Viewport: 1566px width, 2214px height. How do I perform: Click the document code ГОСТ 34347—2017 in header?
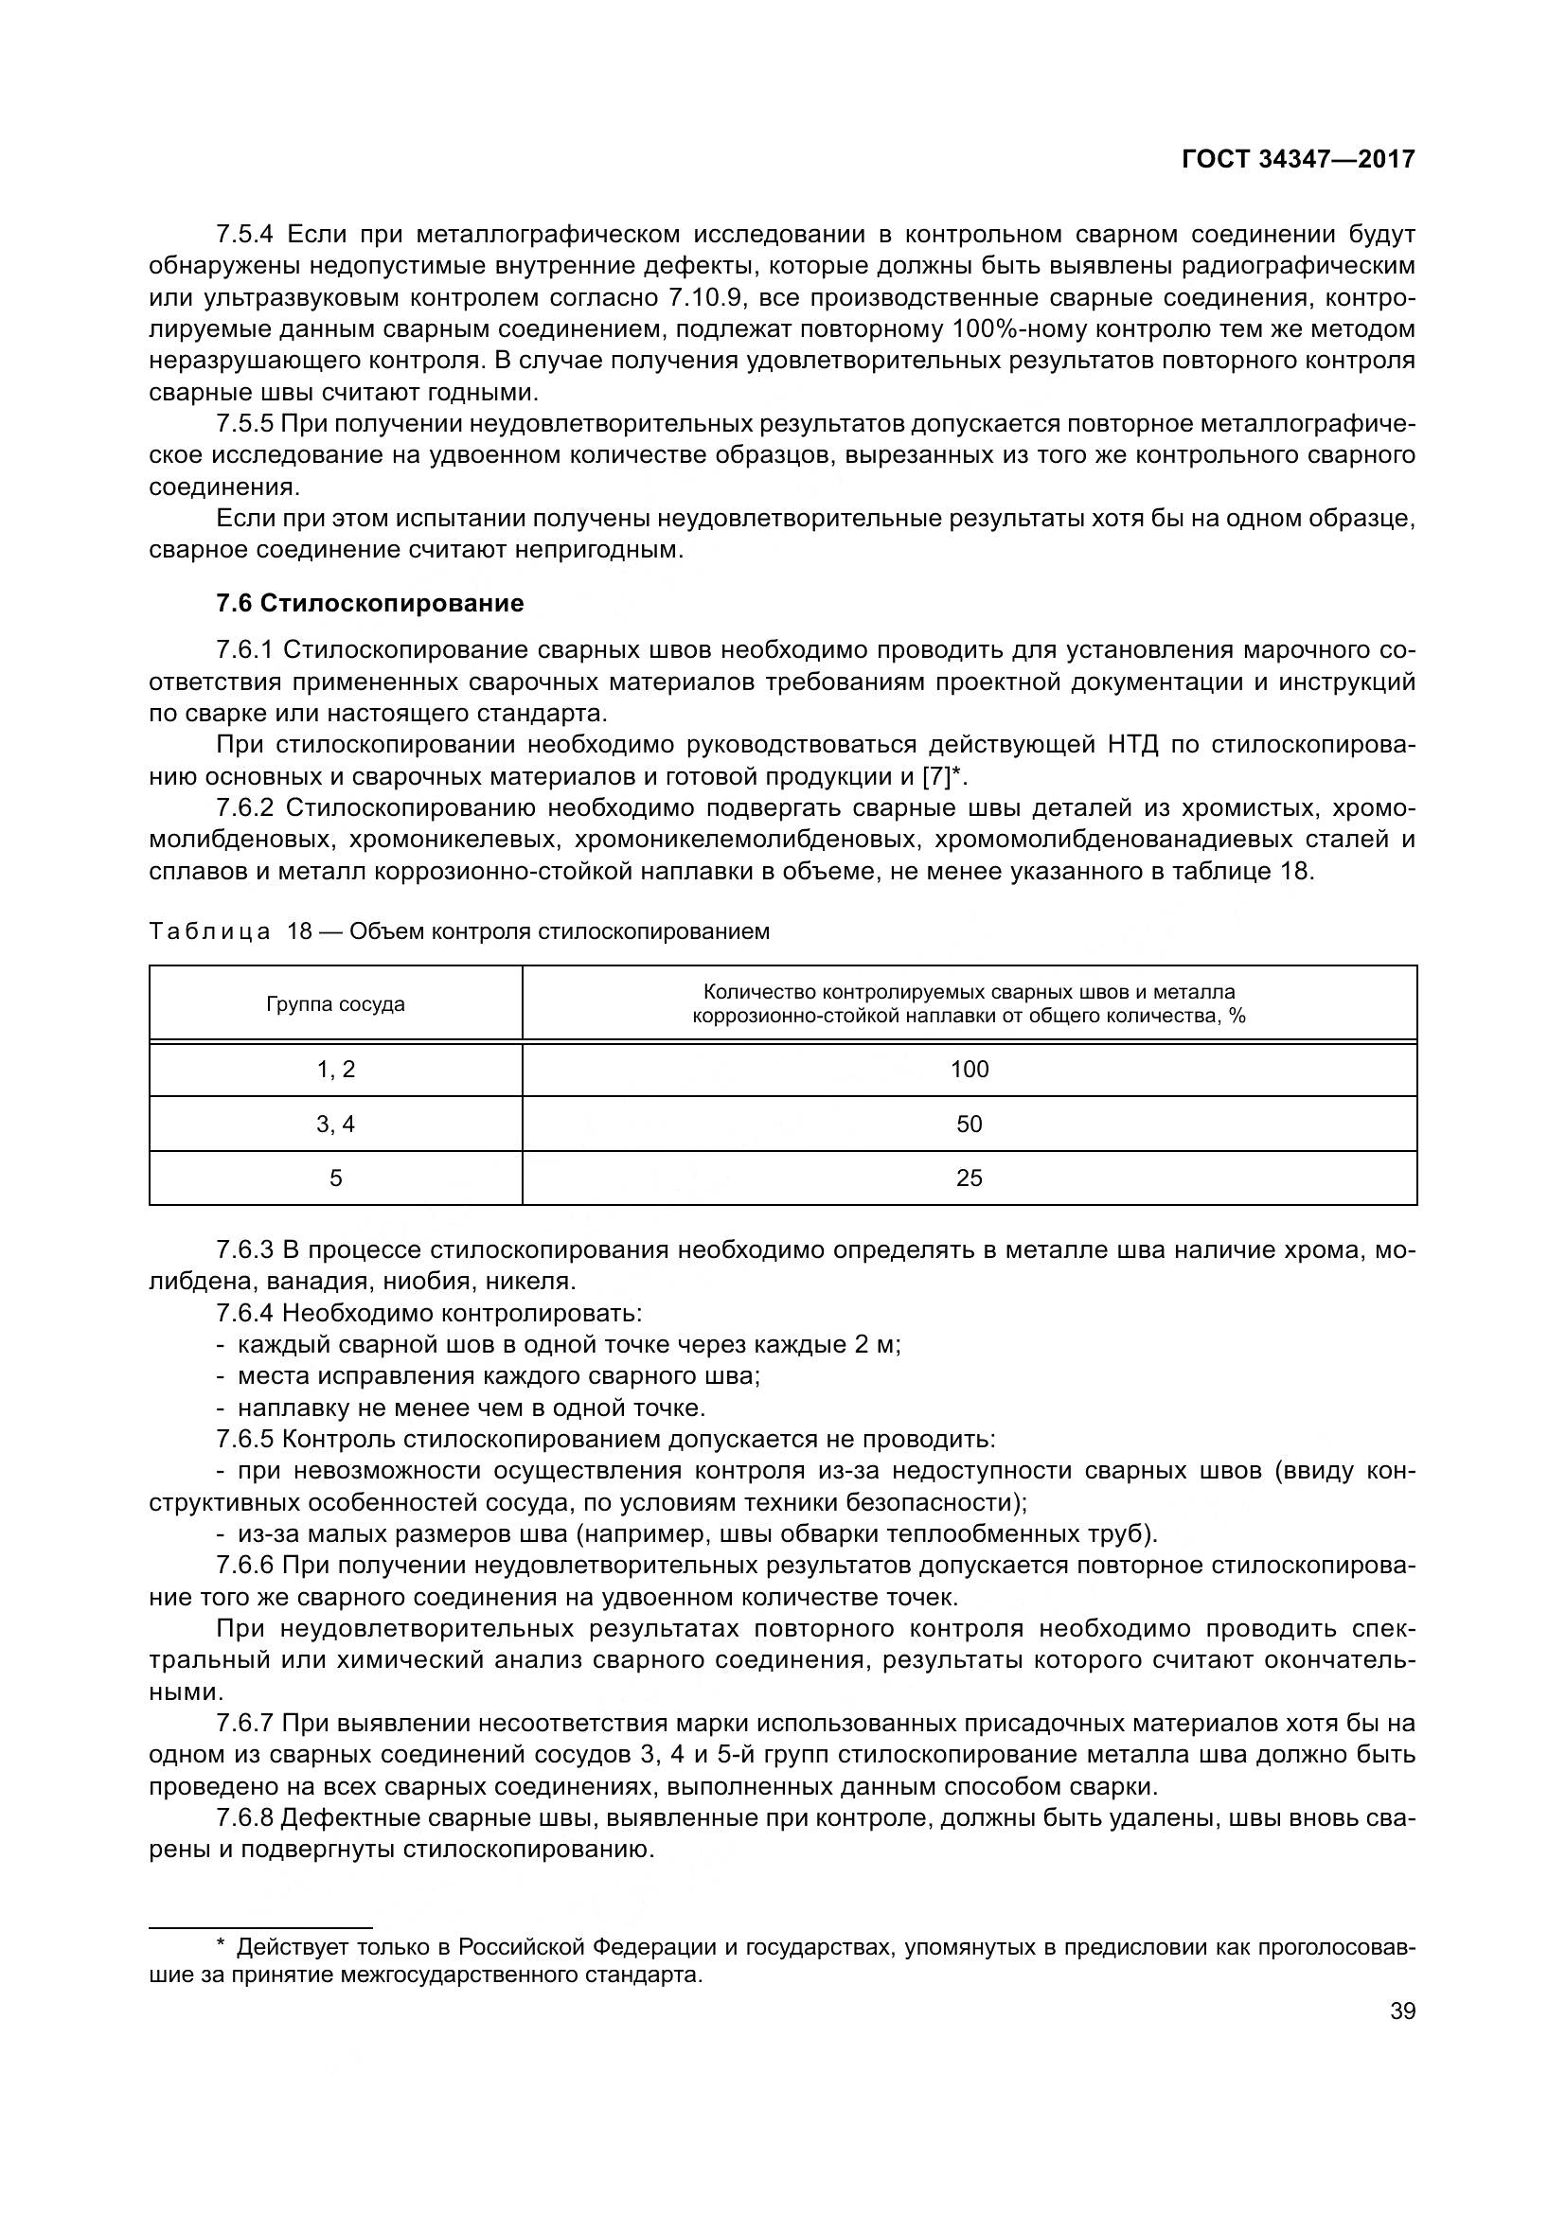(x=1298, y=159)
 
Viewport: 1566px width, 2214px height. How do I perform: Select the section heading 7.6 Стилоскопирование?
(x=370, y=604)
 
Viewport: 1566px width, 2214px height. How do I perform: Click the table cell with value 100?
(x=970, y=1069)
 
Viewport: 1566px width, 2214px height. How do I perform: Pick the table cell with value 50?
(x=970, y=1124)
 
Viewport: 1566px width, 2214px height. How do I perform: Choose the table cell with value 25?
(x=970, y=1178)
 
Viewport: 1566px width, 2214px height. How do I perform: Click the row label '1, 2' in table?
(x=335, y=1069)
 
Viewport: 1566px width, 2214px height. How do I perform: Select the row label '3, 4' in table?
(x=335, y=1124)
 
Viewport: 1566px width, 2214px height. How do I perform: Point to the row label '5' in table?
(x=335, y=1178)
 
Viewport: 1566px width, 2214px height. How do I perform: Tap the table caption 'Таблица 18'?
(x=231, y=931)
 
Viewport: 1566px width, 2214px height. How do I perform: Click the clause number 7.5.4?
(x=245, y=235)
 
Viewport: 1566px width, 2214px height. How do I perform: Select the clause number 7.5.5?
(x=245, y=423)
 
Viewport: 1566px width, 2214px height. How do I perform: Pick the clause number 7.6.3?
(x=245, y=1249)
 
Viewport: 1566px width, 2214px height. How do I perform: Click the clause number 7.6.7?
(x=245, y=1723)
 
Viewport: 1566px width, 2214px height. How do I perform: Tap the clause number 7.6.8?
(x=245, y=1817)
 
